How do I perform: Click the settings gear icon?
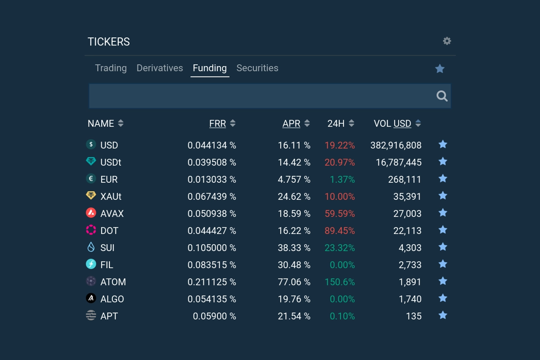447,41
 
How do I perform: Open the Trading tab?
111,68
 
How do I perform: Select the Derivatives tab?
160,68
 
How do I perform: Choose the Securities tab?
257,68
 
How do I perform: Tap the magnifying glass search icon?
442,96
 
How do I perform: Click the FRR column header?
217,123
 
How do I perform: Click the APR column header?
291,123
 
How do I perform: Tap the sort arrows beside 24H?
351,123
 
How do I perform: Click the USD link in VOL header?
402,123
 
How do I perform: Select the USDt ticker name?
111,162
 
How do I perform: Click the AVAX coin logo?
91,213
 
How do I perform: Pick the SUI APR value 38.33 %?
294,248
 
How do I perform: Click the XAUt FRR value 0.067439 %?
211,197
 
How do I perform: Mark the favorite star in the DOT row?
443,230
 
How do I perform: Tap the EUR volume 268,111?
405,180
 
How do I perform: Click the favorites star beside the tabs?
440,68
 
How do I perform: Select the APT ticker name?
109,316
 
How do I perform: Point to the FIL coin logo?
91,264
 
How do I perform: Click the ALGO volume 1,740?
410,299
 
